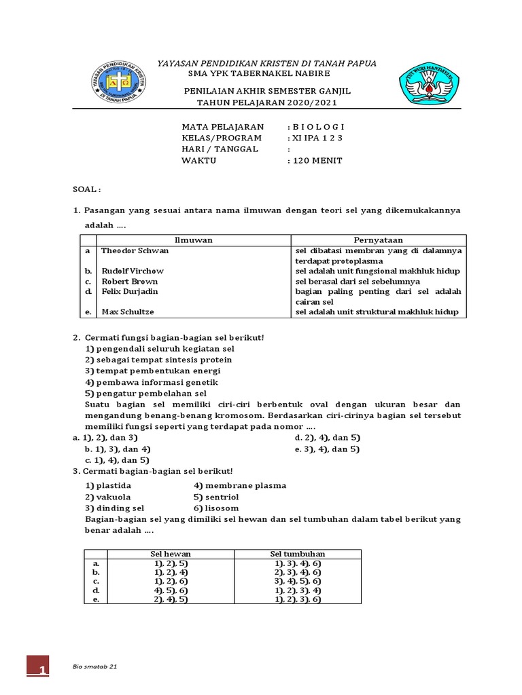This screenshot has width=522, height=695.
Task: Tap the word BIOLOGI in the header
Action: coord(318,126)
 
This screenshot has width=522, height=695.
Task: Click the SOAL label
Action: coord(86,189)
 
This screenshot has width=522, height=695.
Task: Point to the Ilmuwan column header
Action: coord(194,240)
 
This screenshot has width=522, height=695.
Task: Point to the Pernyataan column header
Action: coord(378,240)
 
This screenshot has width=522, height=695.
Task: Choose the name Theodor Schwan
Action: coord(135,250)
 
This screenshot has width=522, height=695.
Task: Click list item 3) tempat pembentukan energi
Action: coord(153,371)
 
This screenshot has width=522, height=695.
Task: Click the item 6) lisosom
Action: coord(216,508)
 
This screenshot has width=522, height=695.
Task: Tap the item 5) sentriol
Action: coord(216,497)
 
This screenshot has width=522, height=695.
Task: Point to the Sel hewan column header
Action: coord(160,554)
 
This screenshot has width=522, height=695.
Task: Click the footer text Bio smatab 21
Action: coord(94,667)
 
